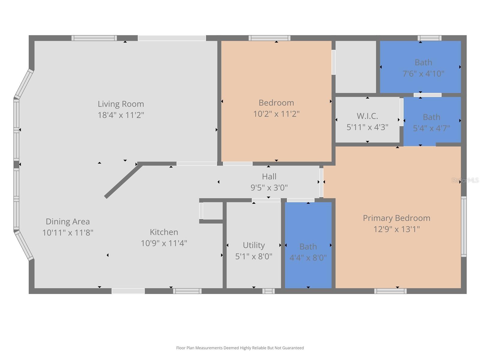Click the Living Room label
(121, 104)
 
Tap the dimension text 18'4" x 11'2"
(121, 115)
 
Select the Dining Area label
(67, 222)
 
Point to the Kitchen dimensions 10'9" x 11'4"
(164, 243)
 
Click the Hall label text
(269, 177)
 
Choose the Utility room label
(253, 245)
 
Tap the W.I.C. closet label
(367, 116)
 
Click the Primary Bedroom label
(396, 218)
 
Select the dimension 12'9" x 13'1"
(396, 229)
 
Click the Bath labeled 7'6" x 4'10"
(423, 63)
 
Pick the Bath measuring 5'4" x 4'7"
(431, 117)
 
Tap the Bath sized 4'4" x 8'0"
(308, 247)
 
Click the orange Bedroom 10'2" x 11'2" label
(276, 103)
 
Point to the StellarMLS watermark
(465, 180)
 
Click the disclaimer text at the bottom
(240, 348)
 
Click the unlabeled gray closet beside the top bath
(355, 67)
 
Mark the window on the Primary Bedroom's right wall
(464, 226)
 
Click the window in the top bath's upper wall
(429, 38)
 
